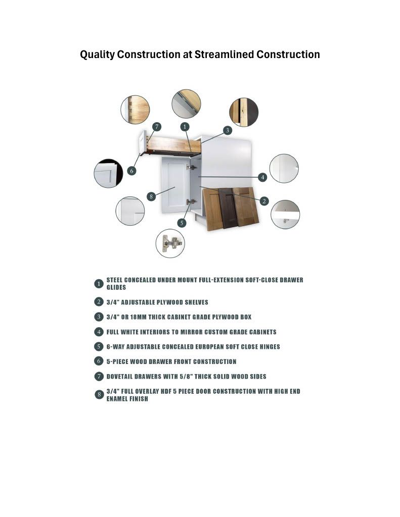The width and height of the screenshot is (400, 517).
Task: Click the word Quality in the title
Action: tap(97, 55)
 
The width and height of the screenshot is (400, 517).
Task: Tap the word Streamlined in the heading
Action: tap(224, 55)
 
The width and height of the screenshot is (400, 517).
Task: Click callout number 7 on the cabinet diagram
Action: tap(157, 127)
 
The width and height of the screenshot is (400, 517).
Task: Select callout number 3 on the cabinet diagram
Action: tap(227, 130)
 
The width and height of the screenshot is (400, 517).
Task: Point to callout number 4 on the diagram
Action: tap(262, 177)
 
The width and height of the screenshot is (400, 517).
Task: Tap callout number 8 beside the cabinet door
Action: tap(151, 196)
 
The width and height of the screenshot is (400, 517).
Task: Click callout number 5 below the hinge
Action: tap(182, 223)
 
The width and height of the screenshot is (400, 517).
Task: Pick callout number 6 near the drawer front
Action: tap(131, 171)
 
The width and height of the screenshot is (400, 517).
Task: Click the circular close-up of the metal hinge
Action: tap(170, 243)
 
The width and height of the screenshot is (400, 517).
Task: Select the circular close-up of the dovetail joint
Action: tap(135, 110)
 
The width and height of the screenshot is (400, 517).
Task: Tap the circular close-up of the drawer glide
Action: tap(186, 104)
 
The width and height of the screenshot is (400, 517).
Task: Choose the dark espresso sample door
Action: tap(227, 208)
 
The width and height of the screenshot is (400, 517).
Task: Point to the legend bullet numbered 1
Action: tap(99, 284)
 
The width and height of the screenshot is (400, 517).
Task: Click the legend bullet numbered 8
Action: tap(99, 394)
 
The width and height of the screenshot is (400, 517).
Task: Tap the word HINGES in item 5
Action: tap(270, 347)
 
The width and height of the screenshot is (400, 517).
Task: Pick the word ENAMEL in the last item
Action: tap(116, 399)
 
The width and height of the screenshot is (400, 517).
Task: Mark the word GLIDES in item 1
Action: tap(116, 287)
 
